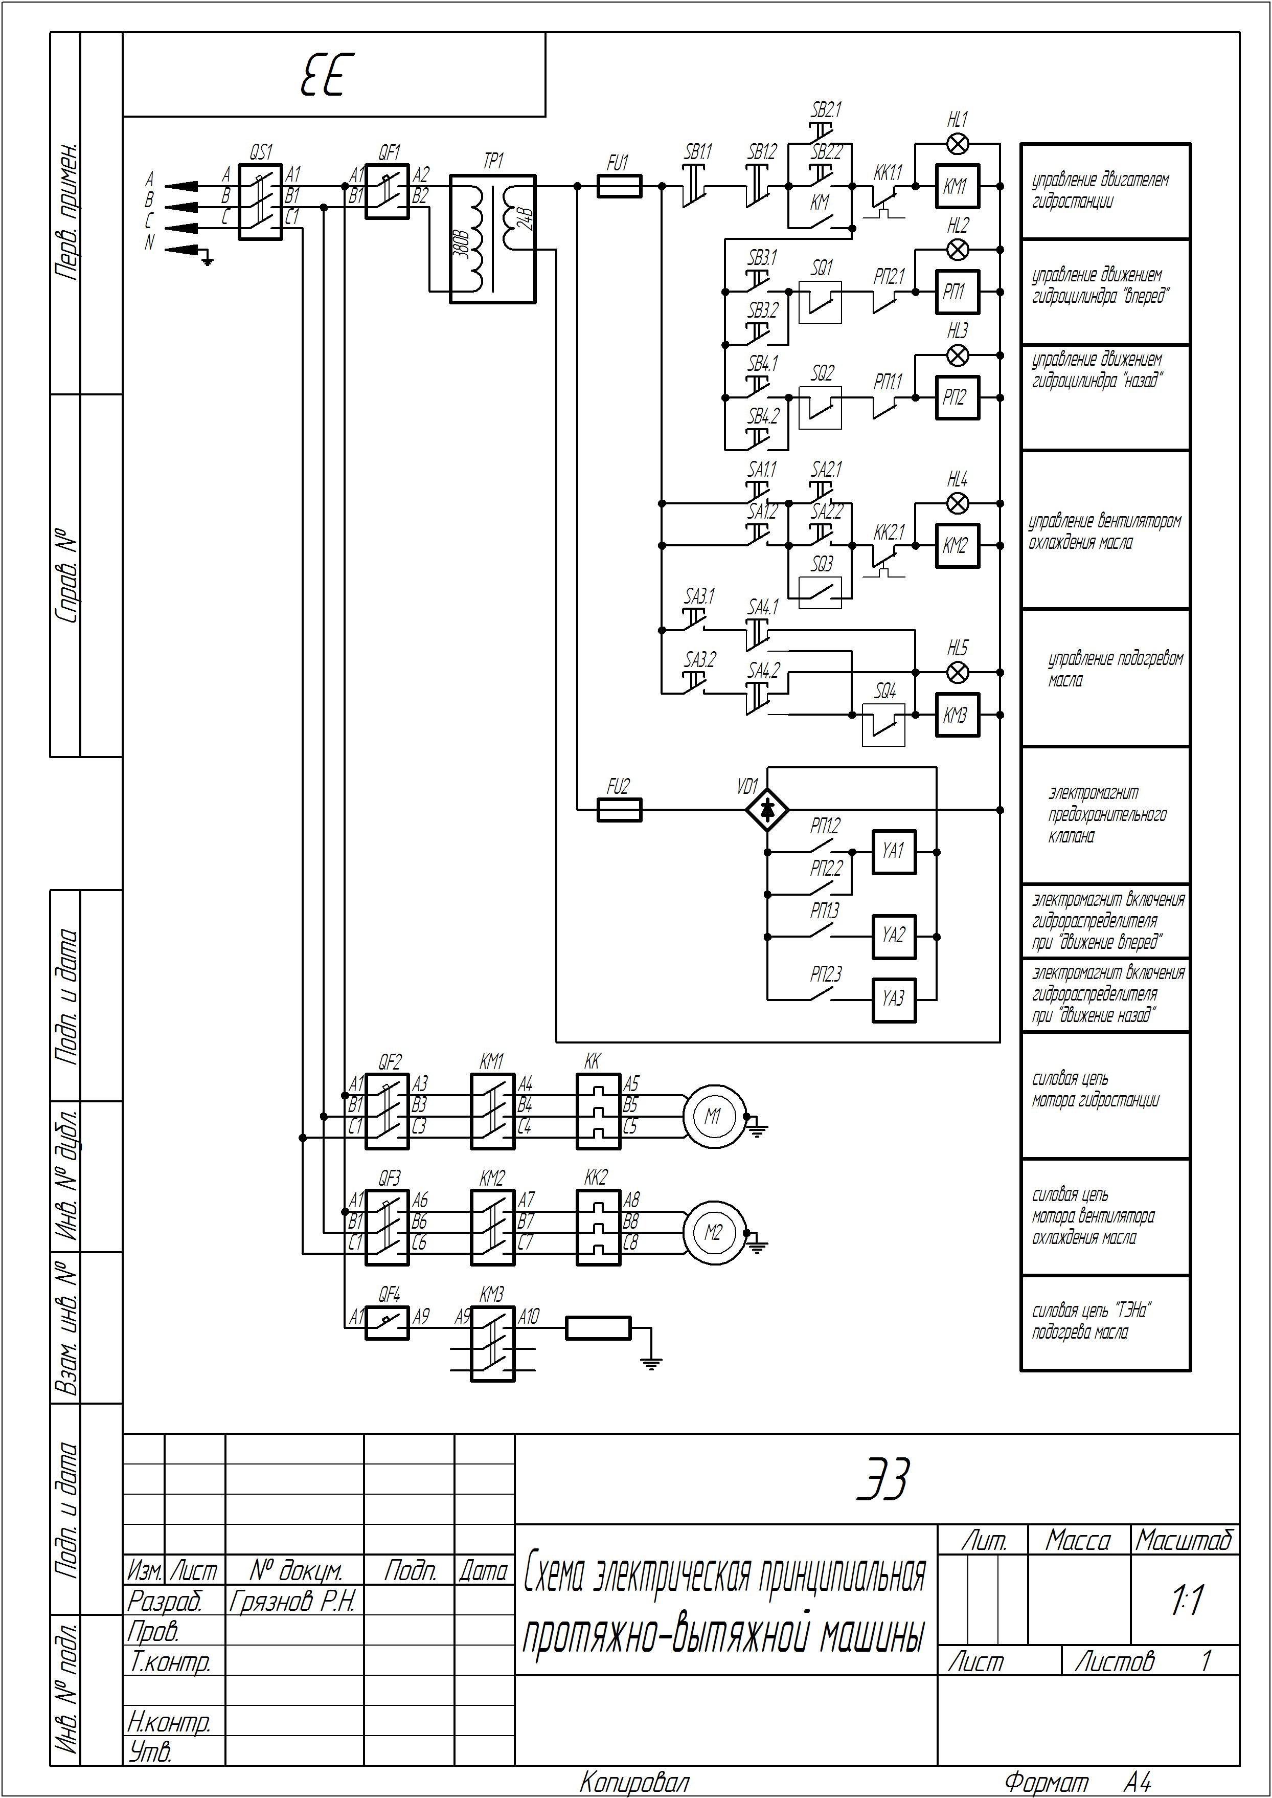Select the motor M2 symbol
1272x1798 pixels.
713,1232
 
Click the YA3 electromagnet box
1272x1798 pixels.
894,1000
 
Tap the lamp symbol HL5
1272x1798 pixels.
957,672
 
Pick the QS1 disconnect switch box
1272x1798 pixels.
260,202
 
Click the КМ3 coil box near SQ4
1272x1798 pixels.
957,715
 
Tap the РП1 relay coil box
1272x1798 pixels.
957,292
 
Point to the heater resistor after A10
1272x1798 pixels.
598,1327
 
